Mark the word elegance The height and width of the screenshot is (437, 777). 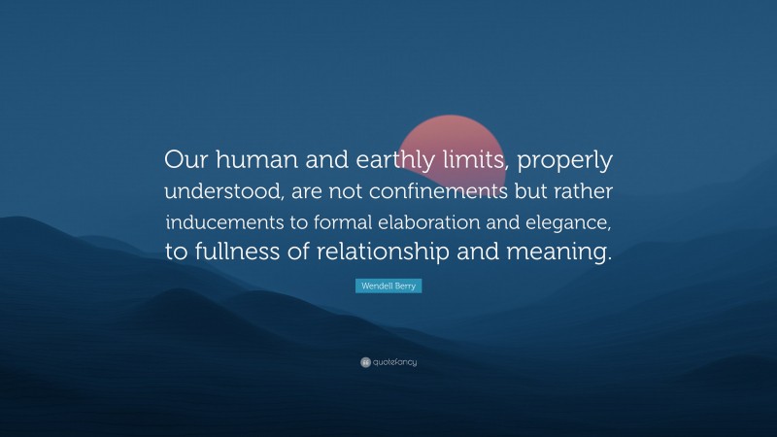point(571,223)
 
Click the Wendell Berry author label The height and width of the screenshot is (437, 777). point(388,287)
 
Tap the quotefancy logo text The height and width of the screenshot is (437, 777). point(394,362)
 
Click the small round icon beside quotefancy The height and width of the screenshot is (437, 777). point(365,362)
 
